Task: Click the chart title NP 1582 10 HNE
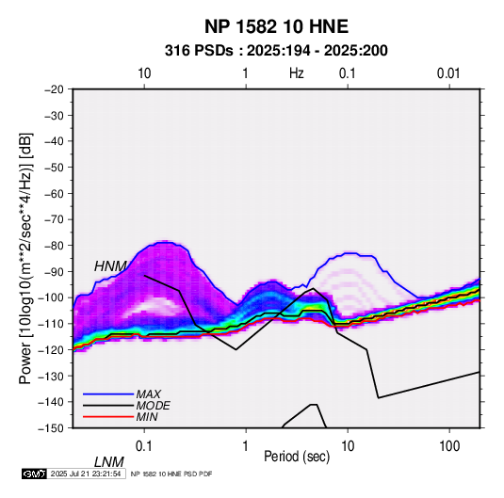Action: point(276,26)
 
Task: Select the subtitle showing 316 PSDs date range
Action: point(276,51)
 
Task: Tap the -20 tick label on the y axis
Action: point(54,89)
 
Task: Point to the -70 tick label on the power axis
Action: point(54,219)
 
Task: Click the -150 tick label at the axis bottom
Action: point(52,428)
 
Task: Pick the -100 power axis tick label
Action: point(52,297)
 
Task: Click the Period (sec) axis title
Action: point(297,457)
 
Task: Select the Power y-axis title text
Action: point(25,259)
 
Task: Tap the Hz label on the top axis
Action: point(297,73)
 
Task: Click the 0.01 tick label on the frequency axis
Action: point(448,73)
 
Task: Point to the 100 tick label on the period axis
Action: point(449,446)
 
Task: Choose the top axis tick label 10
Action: point(144,73)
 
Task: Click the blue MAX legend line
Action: point(108,394)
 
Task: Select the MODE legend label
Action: point(153,406)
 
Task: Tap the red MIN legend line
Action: point(108,417)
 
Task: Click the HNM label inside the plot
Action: point(110,266)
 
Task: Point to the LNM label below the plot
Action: point(109,462)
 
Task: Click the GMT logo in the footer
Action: point(34,474)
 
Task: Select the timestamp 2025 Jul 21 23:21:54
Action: point(86,474)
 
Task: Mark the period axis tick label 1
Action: point(246,446)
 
